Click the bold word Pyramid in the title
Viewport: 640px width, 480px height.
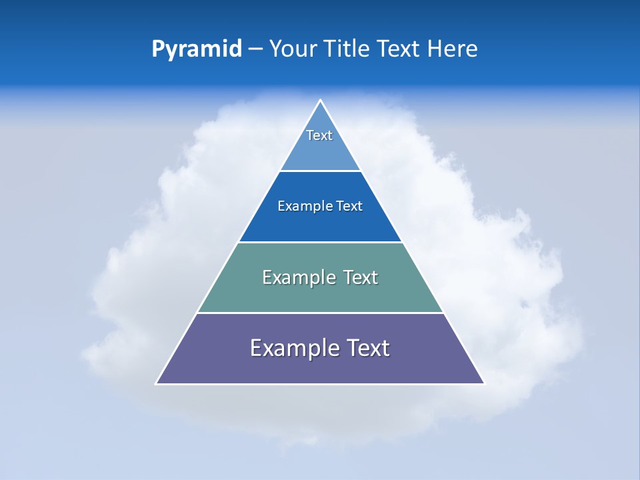click(197, 49)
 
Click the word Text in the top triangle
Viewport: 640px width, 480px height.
click(319, 135)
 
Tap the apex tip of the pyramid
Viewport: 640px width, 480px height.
click(320, 101)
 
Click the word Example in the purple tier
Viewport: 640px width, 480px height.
click(293, 349)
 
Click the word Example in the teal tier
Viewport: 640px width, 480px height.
click(298, 277)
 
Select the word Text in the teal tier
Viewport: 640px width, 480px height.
click(360, 277)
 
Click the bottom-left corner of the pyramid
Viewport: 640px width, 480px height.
click(157, 383)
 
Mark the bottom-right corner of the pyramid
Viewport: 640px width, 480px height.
click(483, 383)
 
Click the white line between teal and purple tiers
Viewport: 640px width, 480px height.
click(320, 313)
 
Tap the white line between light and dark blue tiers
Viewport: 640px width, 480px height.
click(320, 171)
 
